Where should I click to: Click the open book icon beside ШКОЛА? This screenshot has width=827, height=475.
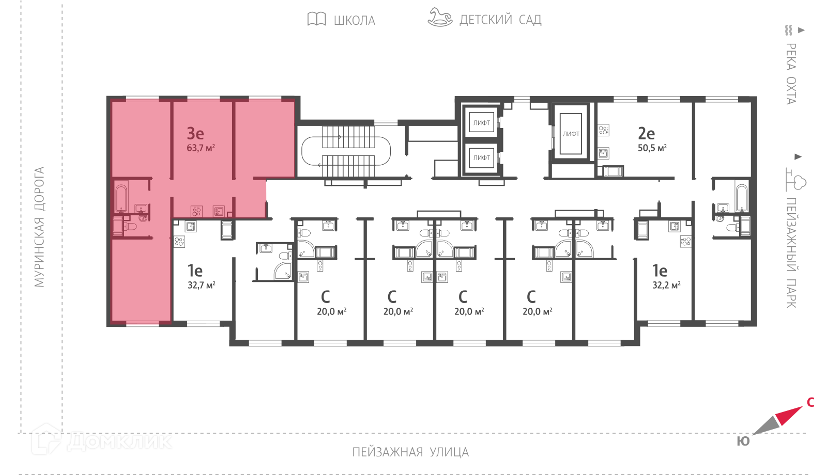click(316, 19)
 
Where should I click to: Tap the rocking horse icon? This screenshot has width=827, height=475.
click(440, 17)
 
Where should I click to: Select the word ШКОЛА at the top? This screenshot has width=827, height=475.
click(355, 20)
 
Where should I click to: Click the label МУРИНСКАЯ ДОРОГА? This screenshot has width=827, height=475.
click(39, 227)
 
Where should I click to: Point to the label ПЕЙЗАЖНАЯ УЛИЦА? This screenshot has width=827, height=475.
click(410, 452)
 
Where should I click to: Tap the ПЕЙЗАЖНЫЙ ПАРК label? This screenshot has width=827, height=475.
click(791, 253)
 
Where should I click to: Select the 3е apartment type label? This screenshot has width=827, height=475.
click(195, 133)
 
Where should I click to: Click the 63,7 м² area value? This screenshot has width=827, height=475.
click(201, 148)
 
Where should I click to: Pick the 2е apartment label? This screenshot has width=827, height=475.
click(647, 133)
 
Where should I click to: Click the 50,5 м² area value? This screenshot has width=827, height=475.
click(652, 148)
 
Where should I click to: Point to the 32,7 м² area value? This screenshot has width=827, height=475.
click(201, 285)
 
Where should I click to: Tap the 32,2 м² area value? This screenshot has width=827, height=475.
click(666, 285)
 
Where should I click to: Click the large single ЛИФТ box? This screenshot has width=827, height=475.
click(571, 134)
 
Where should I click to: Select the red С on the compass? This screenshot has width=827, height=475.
click(811, 402)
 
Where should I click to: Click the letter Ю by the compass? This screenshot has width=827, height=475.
click(743, 441)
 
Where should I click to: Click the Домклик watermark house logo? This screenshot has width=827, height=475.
click(46, 439)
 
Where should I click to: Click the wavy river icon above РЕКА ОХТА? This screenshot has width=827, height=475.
click(789, 30)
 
